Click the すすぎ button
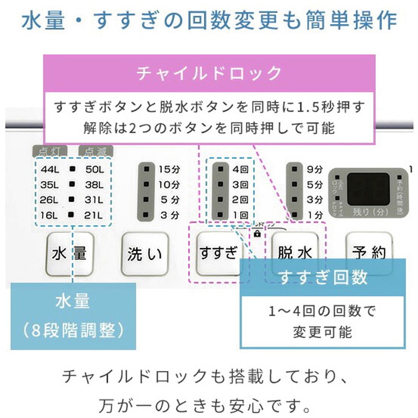point(218,253)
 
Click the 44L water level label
point(50,169)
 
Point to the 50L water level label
point(94,169)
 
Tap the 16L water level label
point(50,214)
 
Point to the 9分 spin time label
point(315,169)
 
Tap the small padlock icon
point(257,234)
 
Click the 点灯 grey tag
point(50,152)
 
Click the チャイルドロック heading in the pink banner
point(208,73)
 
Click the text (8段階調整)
point(73,329)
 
